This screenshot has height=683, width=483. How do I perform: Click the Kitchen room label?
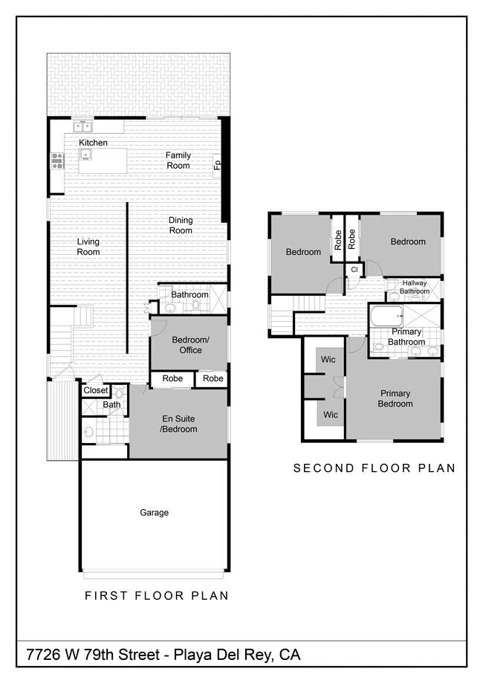[x=93, y=143]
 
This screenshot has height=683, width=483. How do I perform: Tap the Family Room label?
[x=178, y=161]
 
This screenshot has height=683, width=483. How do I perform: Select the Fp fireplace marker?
[x=217, y=165]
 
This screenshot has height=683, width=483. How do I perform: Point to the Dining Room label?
[x=180, y=225]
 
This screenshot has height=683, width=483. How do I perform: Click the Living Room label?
[x=88, y=247]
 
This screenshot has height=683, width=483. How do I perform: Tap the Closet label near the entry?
[x=95, y=390]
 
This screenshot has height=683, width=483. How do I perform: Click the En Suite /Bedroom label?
[x=178, y=424]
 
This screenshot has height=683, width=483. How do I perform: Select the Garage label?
[x=154, y=513]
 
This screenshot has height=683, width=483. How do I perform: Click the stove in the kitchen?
[x=56, y=159]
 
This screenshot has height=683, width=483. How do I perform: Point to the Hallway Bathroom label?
[x=415, y=287]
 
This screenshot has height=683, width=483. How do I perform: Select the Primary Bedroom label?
[x=395, y=398]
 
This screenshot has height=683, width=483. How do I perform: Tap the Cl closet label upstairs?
[x=354, y=269]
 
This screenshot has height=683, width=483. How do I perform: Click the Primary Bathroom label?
[x=406, y=337]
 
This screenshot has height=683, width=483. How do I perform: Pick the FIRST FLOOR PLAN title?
[x=156, y=595]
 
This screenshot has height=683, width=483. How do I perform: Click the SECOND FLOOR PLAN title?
[x=374, y=468]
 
